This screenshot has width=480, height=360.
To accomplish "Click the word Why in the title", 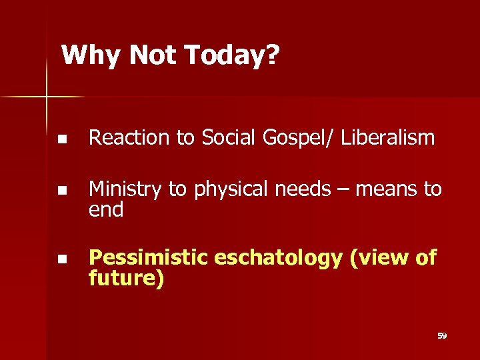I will tap(91, 55).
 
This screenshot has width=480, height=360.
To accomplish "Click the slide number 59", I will tap(441, 336).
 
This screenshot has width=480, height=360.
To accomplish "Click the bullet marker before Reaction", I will tap(61, 139).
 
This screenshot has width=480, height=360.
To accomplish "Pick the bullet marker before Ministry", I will tap(61, 191).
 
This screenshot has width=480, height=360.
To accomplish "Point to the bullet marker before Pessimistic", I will tap(61, 259).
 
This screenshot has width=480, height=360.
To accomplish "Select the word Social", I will tap(227, 138).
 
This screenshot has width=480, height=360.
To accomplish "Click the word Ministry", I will tap(125, 190).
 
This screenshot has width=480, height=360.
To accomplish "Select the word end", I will tap(106, 210).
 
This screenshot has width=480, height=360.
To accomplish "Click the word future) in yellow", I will tap(126, 278).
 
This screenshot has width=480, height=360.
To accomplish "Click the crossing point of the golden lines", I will tap(47, 97).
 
